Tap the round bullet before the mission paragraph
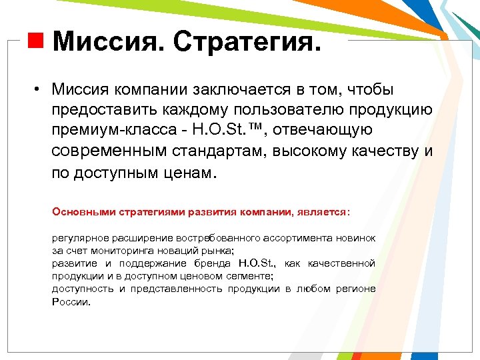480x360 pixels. pos(39,90)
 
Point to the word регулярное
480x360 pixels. pos(79,238)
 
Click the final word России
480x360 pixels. pos(70,301)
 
